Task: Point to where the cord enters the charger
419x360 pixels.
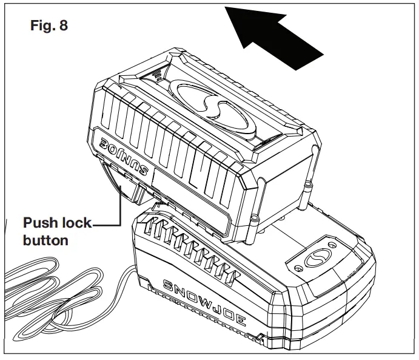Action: pos(132,267)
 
